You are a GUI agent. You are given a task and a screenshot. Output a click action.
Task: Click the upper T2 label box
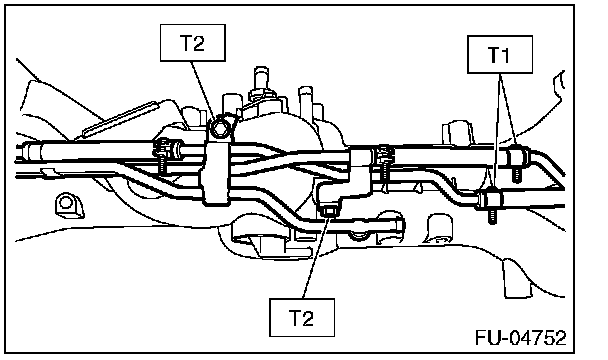[193, 43]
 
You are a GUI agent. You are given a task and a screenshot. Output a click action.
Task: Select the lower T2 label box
[302, 317]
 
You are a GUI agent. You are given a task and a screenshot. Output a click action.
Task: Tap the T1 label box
[499, 54]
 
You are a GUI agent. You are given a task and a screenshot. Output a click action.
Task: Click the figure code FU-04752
[521, 338]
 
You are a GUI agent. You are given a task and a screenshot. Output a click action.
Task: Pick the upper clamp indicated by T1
[517, 154]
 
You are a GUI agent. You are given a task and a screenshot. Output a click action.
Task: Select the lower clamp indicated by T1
[491, 199]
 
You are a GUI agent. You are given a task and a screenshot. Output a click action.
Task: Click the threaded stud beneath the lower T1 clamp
[492, 216]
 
